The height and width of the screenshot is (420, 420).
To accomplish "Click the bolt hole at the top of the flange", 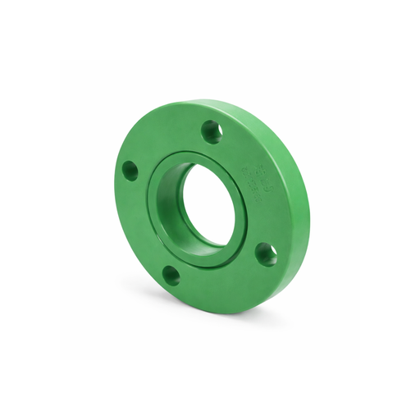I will [212, 131].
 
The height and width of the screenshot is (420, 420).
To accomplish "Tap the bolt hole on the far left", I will [130, 171].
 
